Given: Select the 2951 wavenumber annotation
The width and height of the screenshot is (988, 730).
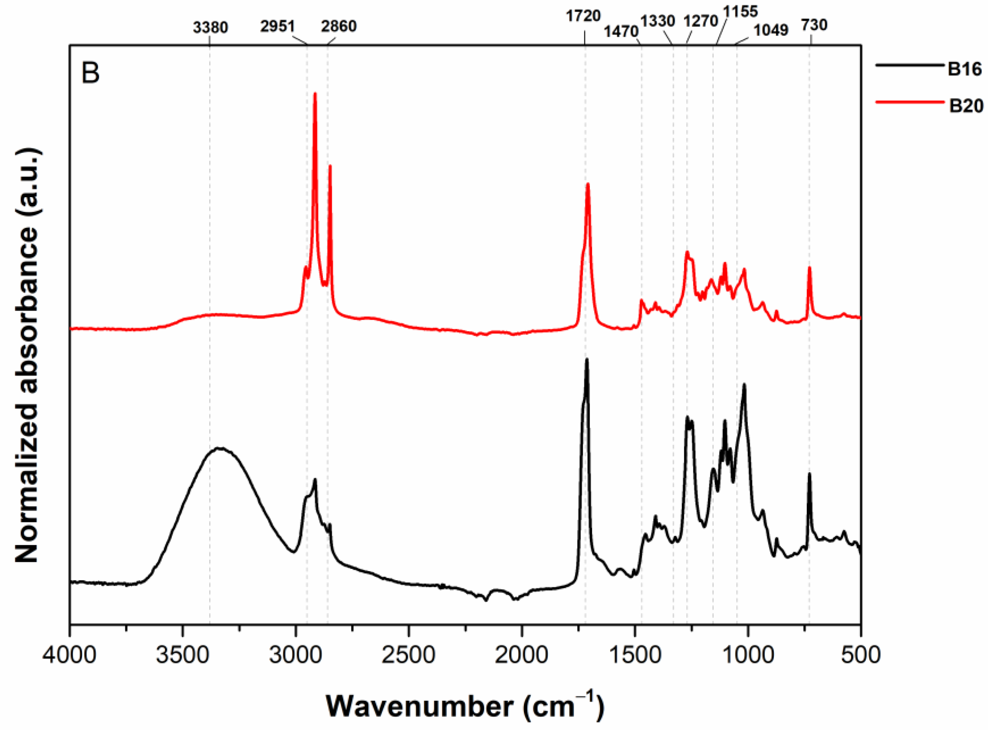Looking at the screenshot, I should (x=277, y=26).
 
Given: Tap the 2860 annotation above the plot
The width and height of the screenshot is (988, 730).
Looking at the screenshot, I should (x=339, y=26).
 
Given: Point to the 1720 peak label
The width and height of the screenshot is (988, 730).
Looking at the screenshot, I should (x=583, y=16).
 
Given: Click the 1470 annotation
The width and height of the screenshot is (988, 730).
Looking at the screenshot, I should (x=621, y=32).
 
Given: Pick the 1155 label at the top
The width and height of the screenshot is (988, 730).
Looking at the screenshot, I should (x=741, y=11).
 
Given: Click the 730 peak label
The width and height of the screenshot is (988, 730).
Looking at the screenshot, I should (x=814, y=25).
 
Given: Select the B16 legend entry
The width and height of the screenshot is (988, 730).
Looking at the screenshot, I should (x=965, y=69).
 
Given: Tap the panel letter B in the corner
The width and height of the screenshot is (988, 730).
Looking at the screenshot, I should (x=90, y=73).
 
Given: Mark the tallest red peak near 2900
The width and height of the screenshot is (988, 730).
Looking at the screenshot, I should (x=315, y=94).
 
